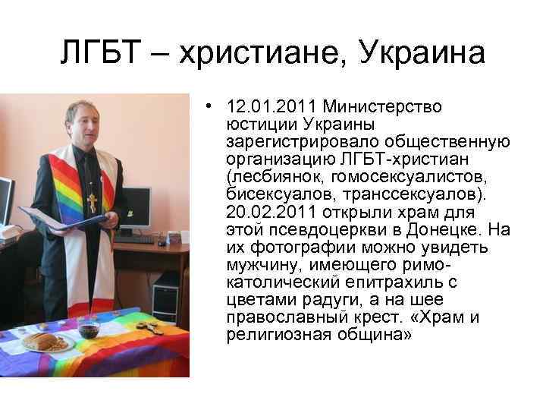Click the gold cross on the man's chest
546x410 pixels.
click(x=93, y=201)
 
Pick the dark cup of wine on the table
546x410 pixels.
click(x=88, y=329)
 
